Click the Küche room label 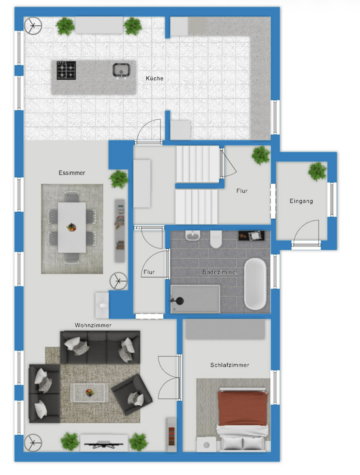pyautogui.click(x=154, y=78)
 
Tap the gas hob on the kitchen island pyautogui.click(x=66, y=70)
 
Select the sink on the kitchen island pyautogui.click(x=120, y=70)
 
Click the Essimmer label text pyautogui.click(x=72, y=173)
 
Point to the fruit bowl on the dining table pyautogui.click(x=72, y=227)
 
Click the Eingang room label pyautogui.click(x=301, y=201)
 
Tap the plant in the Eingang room pyautogui.click(x=317, y=171)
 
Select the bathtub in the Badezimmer pyautogui.click(x=255, y=283)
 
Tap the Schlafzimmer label pyautogui.click(x=229, y=365)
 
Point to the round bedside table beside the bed pyautogui.click(x=206, y=445)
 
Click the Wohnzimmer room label pyautogui.click(x=93, y=325)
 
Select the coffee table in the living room pyautogui.click(x=89, y=392)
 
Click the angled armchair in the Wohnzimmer pyautogui.click(x=132, y=394)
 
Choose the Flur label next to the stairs pyautogui.click(x=242, y=191)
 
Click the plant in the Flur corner pyautogui.click(x=261, y=155)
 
